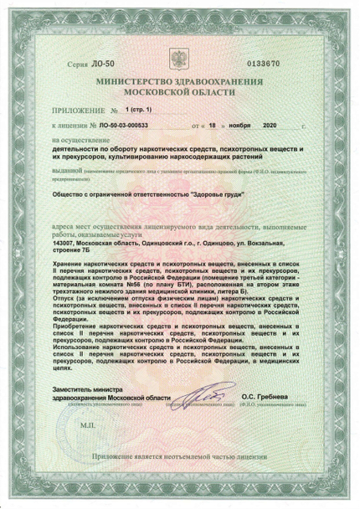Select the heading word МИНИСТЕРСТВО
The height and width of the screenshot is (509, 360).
pos(143,83)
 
